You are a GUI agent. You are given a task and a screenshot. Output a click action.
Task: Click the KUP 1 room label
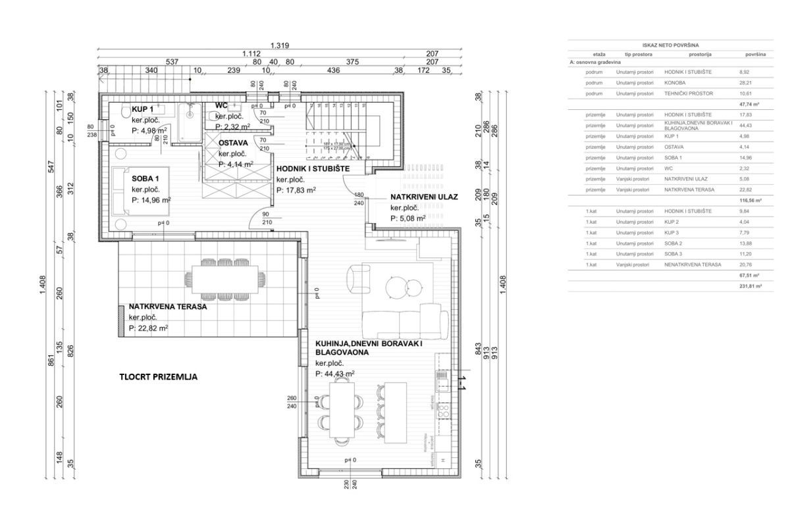[x=143, y=109]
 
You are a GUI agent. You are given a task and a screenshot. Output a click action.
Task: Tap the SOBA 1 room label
[x=146, y=178]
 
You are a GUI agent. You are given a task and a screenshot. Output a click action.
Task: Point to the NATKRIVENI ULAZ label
[x=425, y=197]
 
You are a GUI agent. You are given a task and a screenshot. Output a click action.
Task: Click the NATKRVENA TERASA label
[x=168, y=307]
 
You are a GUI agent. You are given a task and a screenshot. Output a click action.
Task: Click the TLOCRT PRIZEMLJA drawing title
[x=158, y=378]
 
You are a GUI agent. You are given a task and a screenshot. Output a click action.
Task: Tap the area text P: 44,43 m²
[x=335, y=374]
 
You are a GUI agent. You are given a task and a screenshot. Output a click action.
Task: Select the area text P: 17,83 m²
[x=296, y=190]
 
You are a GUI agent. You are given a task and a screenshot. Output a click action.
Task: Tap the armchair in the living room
[x=358, y=277]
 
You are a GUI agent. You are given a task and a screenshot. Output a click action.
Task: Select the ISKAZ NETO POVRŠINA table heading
[x=663, y=45]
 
